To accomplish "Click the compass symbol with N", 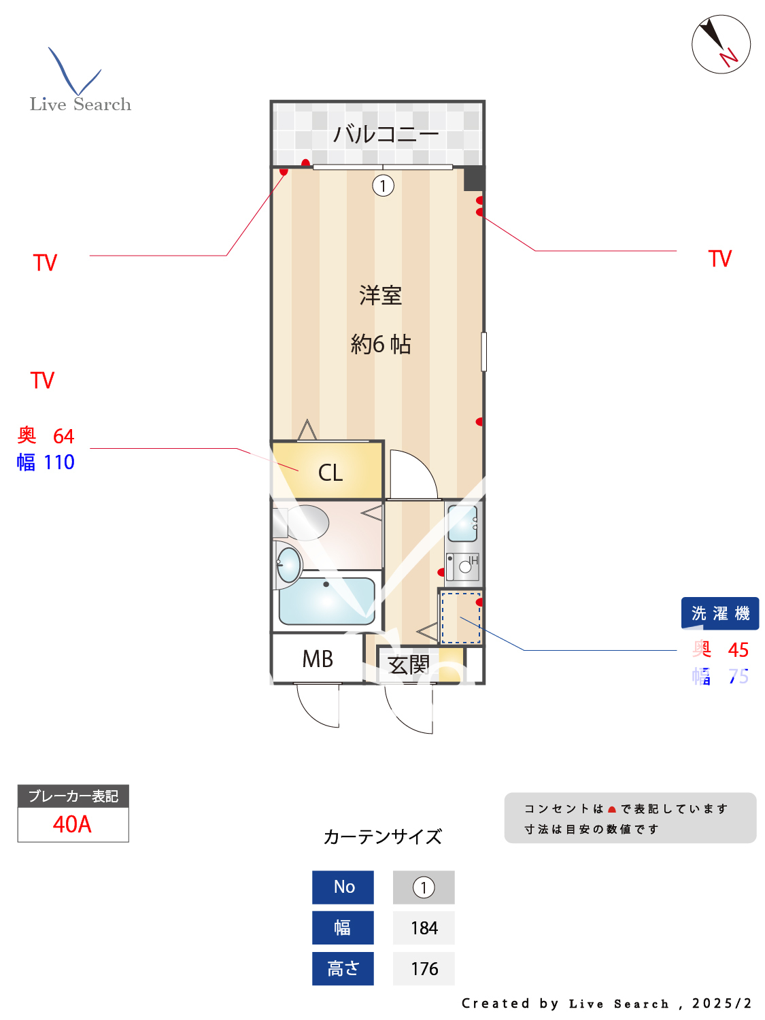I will click(x=721, y=44).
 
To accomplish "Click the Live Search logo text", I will click(x=80, y=104).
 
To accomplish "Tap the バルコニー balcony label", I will click(x=386, y=134).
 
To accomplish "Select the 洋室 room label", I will click(x=381, y=296).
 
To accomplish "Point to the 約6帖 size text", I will click(x=381, y=345).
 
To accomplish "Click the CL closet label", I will click(x=330, y=473).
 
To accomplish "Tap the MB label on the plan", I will click(x=318, y=659).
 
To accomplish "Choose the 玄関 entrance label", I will click(x=409, y=664).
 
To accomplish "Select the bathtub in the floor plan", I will click(x=326, y=601).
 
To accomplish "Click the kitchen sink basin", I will click(x=462, y=523).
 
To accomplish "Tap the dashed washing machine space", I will click(x=461, y=618).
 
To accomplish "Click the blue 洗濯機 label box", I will click(x=720, y=613).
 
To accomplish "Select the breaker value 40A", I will click(x=72, y=824).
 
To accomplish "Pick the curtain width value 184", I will click(x=424, y=928).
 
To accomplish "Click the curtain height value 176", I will click(x=424, y=969).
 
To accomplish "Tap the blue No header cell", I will click(x=343, y=887).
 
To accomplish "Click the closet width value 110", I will click(x=59, y=462).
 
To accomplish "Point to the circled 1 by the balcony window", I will click(x=384, y=186).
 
